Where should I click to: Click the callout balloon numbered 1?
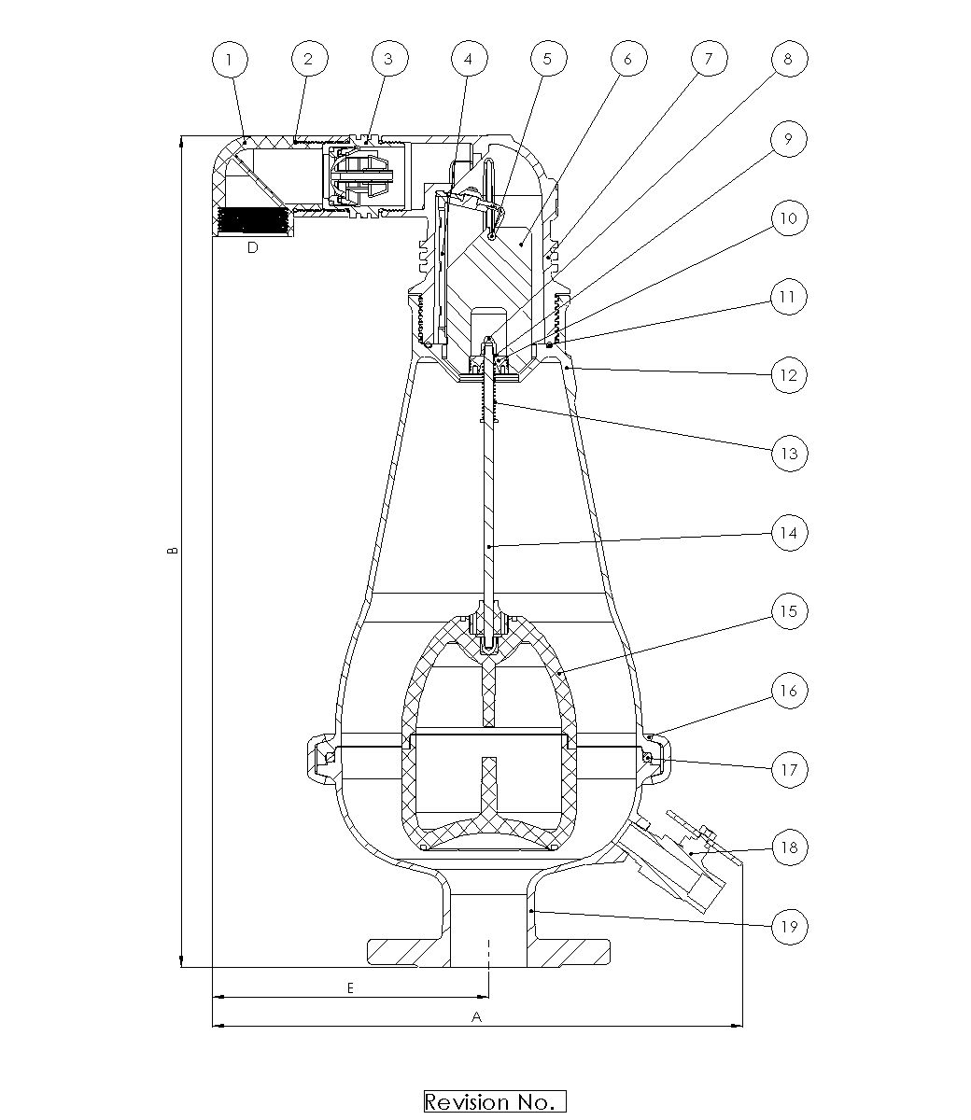click(230, 59)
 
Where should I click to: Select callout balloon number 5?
click(547, 59)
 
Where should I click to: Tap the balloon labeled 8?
click(789, 59)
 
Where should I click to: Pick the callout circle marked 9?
click(789, 139)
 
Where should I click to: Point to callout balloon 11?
click(789, 297)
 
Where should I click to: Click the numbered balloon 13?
click(789, 454)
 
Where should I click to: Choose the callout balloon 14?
click(789, 533)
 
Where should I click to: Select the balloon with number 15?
click(789, 611)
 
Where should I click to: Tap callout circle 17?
click(789, 769)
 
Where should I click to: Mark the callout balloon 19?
click(789, 927)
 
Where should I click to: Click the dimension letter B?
click(173, 551)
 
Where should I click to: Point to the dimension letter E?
click(350, 987)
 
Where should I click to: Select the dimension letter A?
click(476, 1017)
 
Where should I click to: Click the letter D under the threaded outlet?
click(253, 247)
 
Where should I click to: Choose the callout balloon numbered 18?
click(789, 847)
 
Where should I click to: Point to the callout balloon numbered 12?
click(789, 375)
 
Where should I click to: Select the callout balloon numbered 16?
click(789, 691)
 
